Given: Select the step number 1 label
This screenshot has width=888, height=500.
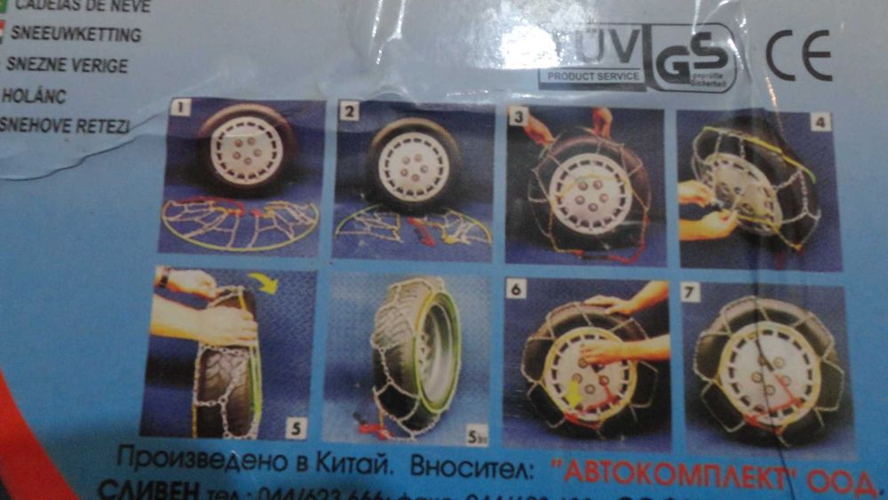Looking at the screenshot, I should point(181,109).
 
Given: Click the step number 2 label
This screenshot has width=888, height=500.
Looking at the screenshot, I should point(352,112).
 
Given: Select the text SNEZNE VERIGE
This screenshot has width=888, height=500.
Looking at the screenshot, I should point(67,66).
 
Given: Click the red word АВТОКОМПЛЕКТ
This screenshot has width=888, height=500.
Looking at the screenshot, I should point(673,475).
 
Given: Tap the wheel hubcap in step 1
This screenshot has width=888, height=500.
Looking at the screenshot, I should point(248,149).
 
